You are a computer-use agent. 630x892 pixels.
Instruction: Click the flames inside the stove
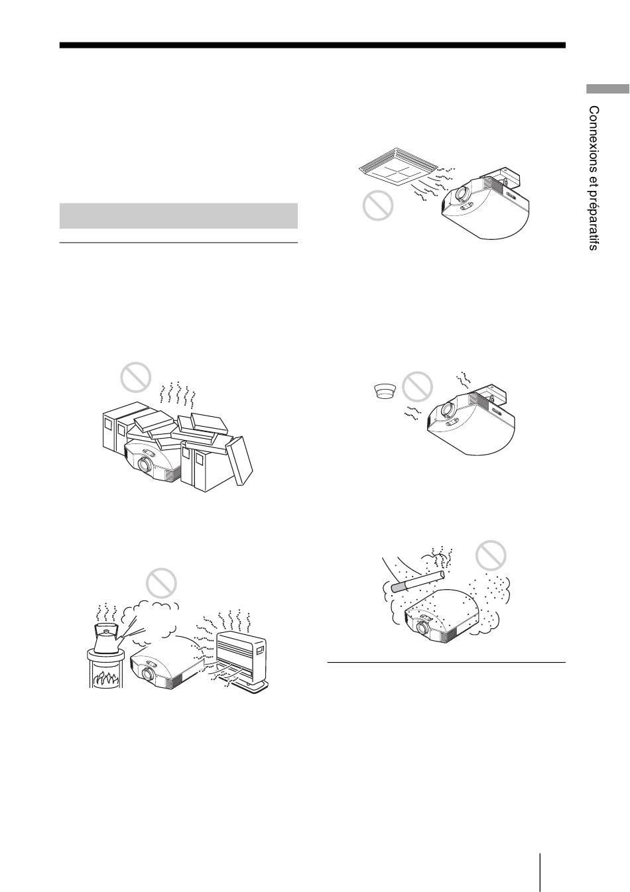pos(106,677)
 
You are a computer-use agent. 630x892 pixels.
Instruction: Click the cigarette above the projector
pos(418,581)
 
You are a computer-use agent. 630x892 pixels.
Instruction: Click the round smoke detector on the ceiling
pos(385,391)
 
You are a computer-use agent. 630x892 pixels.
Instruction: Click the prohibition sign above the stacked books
pos(136,377)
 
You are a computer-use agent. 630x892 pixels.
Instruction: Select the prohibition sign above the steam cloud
pos(161,583)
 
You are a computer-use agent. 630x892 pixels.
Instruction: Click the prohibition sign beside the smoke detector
pos(417,386)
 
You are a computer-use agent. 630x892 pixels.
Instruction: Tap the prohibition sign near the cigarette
pos(491,555)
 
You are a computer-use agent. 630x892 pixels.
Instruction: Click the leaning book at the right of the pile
pos(239,461)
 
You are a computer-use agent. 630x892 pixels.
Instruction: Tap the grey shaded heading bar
pos(178,215)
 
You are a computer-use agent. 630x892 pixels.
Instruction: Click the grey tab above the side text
pos(607,88)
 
